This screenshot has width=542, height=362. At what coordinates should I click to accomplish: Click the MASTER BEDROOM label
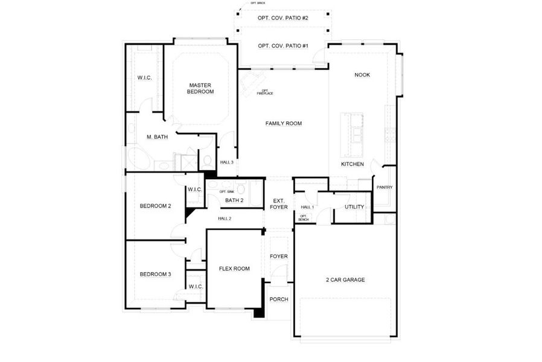(x=200, y=88)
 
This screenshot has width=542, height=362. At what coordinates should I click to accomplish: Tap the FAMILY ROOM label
(x=283, y=123)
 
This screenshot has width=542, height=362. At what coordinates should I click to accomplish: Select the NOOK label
(x=362, y=75)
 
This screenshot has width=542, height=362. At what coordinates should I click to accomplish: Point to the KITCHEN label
(x=352, y=164)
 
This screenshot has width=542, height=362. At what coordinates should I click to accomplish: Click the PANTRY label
(x=384, y=187)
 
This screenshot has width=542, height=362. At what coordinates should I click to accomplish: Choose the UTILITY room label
(x=354, y=207)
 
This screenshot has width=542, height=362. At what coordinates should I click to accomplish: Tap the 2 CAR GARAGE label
(x=345, y=279)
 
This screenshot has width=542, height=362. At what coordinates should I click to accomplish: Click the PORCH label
(x=278, y=299)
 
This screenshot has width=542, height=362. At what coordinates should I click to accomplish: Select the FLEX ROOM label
(x=234, y=268)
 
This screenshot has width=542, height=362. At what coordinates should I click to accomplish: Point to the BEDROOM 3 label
(x=155, y=274)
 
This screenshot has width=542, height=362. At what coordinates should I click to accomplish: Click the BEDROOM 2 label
(x=155, y=206)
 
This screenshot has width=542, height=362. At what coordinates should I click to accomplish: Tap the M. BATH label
(x=156, y=137)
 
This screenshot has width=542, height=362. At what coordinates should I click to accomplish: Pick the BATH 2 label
(x=234, y=200)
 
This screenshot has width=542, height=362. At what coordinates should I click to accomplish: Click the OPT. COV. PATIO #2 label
(x=283, y=19)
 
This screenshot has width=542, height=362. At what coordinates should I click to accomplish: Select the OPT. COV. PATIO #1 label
(x=283, y=46)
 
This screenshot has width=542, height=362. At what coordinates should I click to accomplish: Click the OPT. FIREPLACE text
(x=264, y=92)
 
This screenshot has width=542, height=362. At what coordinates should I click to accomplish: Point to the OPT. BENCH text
(x=304, y=218)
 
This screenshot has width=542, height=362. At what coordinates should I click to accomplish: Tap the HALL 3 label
(x=226, y=162)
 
